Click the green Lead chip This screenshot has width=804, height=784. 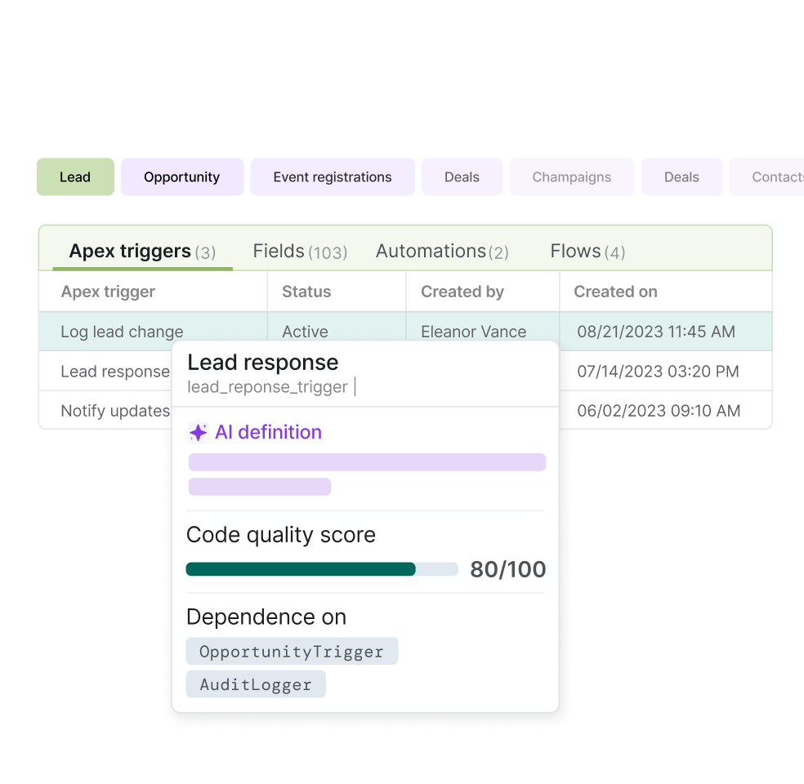click(75, 177)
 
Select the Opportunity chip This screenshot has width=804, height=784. click(182, 177)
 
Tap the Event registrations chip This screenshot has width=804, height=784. click(333, 177)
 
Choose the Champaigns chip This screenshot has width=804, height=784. click(572, 177)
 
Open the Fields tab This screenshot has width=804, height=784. click(300, 252)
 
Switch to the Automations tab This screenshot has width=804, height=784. click(442, 252)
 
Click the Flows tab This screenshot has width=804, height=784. click(587, 252)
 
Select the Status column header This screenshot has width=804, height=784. click(306, 292)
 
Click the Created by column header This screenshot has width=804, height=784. click(462, 292)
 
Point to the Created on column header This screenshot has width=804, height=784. click(615, 292)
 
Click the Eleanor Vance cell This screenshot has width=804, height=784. click(473, 332)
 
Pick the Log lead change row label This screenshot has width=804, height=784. click(122, 332)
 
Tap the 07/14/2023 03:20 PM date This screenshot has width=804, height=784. click(658, 372)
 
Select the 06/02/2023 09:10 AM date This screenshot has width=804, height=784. click(659, 411)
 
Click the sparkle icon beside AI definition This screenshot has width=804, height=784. click(198, 432)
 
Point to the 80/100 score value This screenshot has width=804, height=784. click(507, 569)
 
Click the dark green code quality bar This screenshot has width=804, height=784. click(301, 569)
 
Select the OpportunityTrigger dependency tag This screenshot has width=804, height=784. click(292, 652)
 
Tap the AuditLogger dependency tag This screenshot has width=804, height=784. click(256, 684)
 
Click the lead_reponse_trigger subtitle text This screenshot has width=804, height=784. click(268, 386)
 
